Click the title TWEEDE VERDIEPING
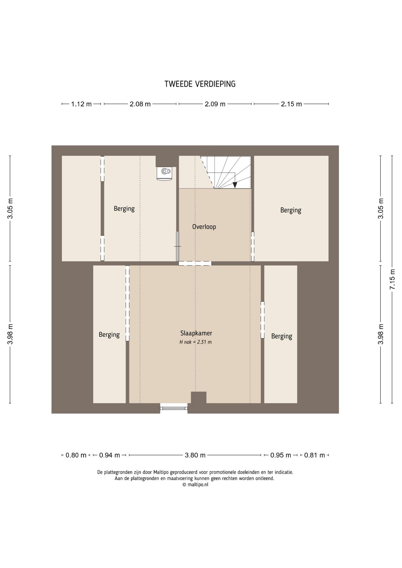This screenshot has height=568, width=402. click(200, 84)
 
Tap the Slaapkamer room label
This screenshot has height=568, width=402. click(196, 333)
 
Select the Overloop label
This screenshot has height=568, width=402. click(204, 227)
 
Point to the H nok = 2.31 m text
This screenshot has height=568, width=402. click(196, 342)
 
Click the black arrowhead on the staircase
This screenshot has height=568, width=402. click(235, 185)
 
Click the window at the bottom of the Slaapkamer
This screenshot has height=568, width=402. click(174, 408)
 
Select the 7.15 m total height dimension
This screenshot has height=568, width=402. click(392, 279)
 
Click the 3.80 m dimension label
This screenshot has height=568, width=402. click(195, 455)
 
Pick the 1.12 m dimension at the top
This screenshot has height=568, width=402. click(81, 104)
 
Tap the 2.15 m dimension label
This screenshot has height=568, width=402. click(291, 104)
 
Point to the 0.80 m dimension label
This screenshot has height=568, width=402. click(76, 455)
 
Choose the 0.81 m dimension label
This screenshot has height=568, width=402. click(314, 455)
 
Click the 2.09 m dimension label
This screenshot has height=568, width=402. click(215, 104)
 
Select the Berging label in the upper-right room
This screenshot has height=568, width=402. click(291, 210)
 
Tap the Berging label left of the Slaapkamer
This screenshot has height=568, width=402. click(109, 335)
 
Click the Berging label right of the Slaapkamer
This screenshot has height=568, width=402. click(282, 336)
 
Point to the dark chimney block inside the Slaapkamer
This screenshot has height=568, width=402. click(199, 397)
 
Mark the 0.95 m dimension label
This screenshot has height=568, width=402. click(281, 455)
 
